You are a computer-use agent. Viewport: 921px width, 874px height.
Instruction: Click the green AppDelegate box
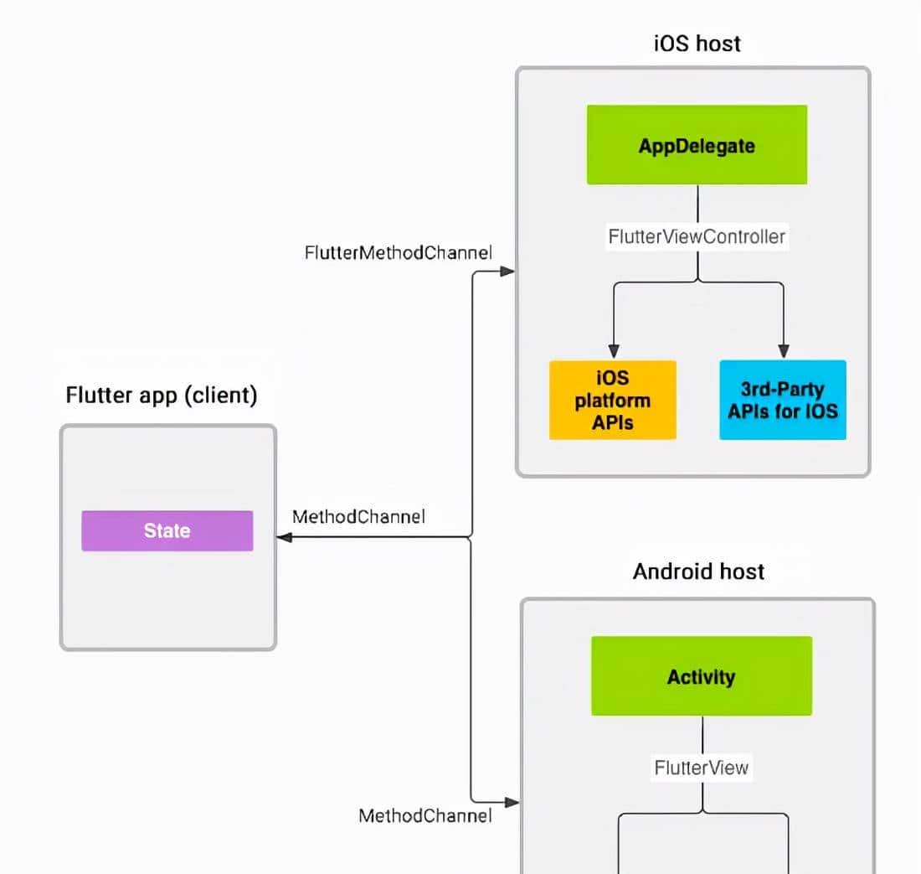697,145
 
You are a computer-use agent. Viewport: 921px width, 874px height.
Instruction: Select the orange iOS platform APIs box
612,400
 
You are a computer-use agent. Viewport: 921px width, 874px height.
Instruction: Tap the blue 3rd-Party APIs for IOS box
783,400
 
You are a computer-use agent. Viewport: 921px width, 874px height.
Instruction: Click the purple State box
167,530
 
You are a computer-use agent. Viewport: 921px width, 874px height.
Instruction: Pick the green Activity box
701,676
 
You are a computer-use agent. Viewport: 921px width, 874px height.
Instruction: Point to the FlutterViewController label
697,236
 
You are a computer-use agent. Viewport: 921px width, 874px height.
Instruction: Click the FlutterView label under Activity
702,767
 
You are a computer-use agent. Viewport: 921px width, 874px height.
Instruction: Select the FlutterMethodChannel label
399,251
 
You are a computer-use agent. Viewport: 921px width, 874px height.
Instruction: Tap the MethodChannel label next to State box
358,517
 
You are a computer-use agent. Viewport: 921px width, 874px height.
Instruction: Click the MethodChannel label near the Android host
425,815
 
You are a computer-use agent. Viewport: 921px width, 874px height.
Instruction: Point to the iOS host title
697,44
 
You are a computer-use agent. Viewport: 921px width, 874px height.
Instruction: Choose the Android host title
698,571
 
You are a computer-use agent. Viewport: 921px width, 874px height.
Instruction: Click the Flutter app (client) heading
162,395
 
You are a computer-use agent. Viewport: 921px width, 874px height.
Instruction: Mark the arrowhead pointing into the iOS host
507,272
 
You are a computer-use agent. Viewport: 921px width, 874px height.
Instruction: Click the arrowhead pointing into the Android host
511,802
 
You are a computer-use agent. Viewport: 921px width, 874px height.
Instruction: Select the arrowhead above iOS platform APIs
613,351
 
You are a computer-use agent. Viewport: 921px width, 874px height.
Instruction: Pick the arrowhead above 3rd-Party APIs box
784,351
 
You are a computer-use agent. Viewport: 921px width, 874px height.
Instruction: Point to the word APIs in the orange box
612,422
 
